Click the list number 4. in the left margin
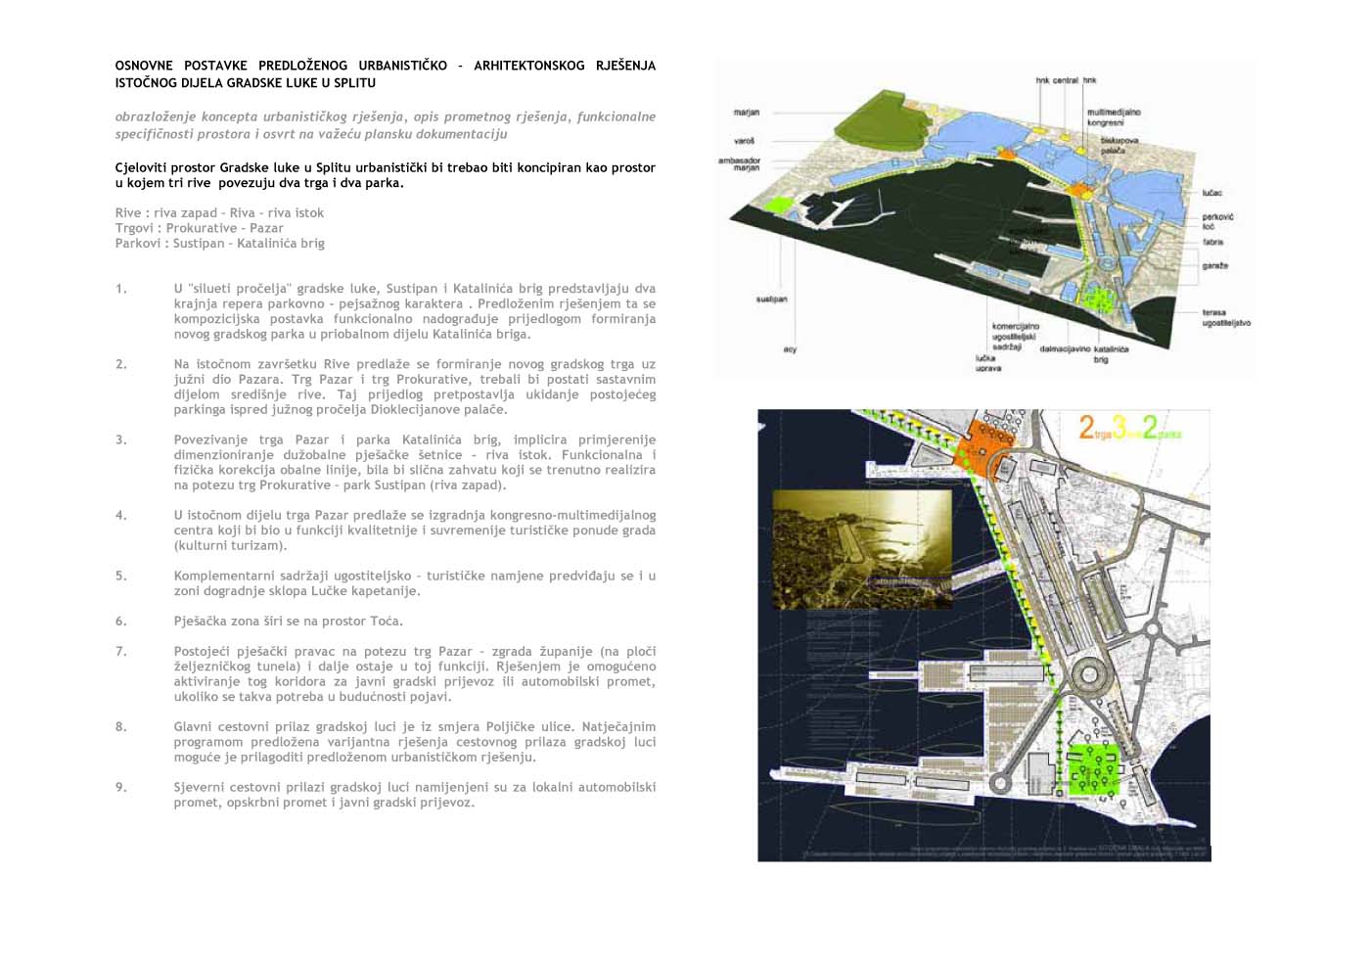click(120, 515)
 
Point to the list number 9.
click(120, 787)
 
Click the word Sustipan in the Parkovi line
click(199, 243)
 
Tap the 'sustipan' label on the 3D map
click(771, 300)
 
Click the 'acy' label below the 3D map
click(790, 349)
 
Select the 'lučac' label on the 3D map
click(1211, 193)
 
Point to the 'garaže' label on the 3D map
click(1214, 265)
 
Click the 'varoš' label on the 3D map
click(744, 141)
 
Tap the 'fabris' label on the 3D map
click(1212, 241)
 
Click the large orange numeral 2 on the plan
click(1086, 427)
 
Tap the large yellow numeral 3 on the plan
click(1119, 427)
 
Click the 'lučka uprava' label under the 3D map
click(987, 363)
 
